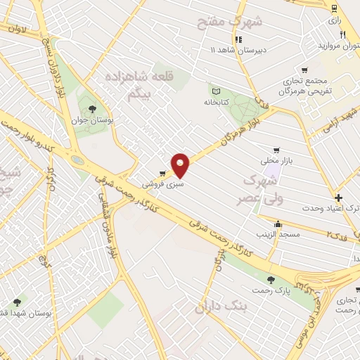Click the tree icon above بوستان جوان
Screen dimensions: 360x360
click(x=92, y=108)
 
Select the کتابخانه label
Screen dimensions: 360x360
click(x=217, y=102)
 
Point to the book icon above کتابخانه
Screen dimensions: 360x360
click(x=216, y=90)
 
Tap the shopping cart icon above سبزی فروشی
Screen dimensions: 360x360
click(x=162, y=173)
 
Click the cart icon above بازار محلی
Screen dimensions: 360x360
click(x=276, y=150)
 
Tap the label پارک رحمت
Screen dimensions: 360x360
click(x=269, y=290)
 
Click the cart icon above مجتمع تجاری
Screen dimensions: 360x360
click(x=304, y=70)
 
